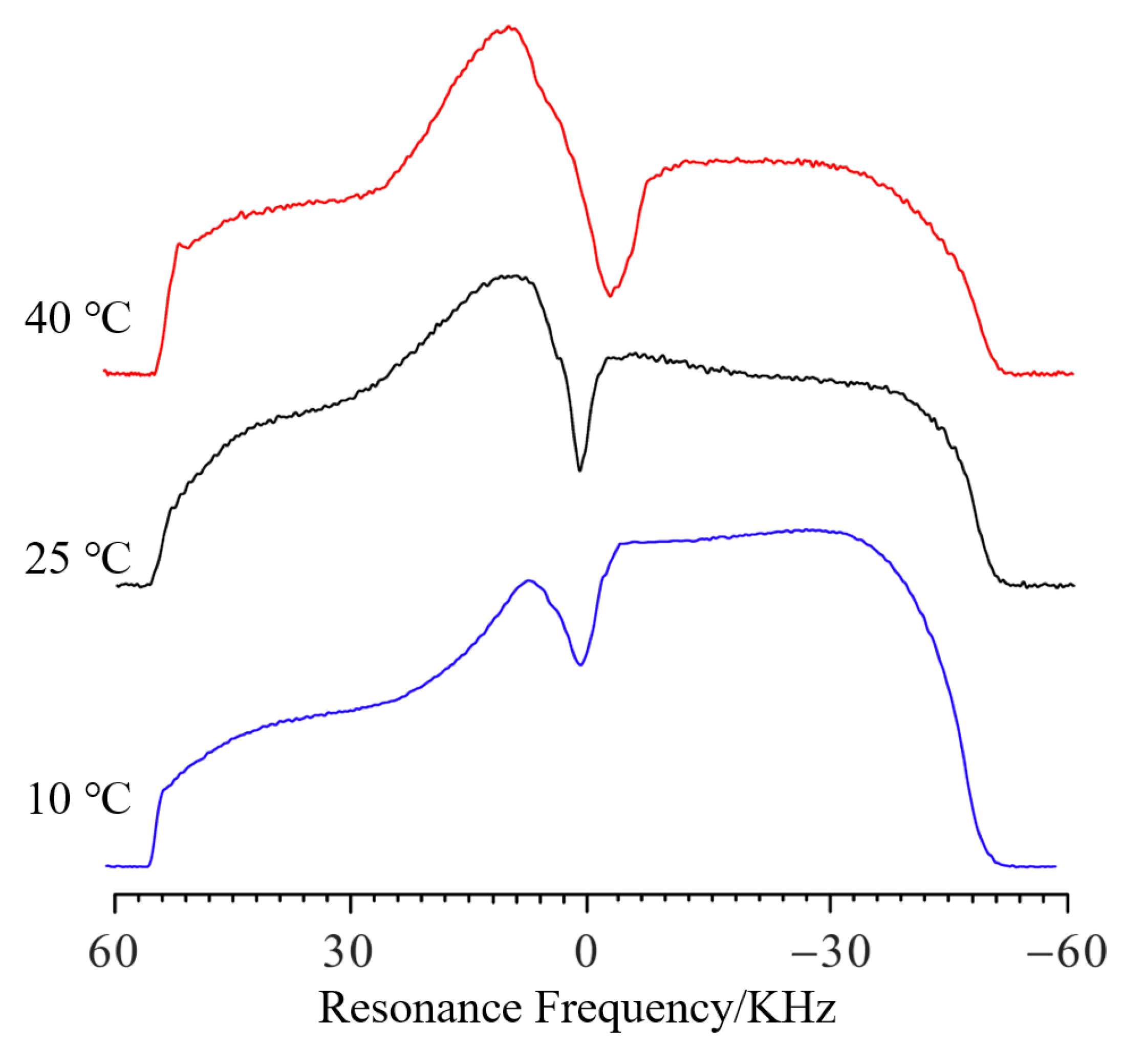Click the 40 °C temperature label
tap(78, 318)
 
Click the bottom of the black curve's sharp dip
tap(579, 470)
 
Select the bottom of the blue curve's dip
tap(580, 665)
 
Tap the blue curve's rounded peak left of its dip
tap(529, 580)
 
